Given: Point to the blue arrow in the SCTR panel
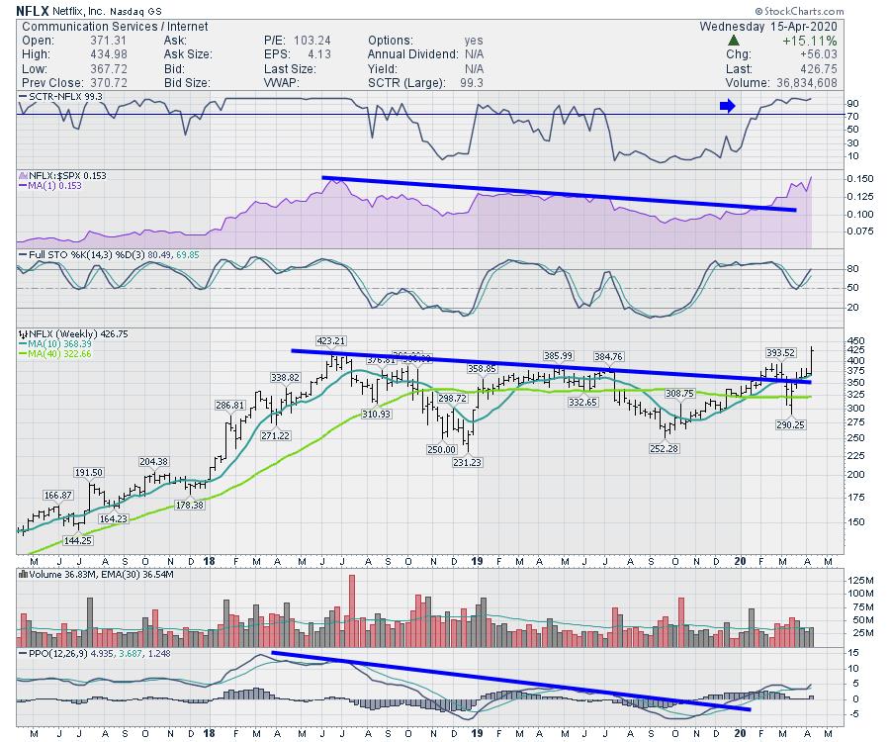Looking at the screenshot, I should coord(727,106).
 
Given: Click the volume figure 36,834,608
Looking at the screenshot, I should coord(796,84).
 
